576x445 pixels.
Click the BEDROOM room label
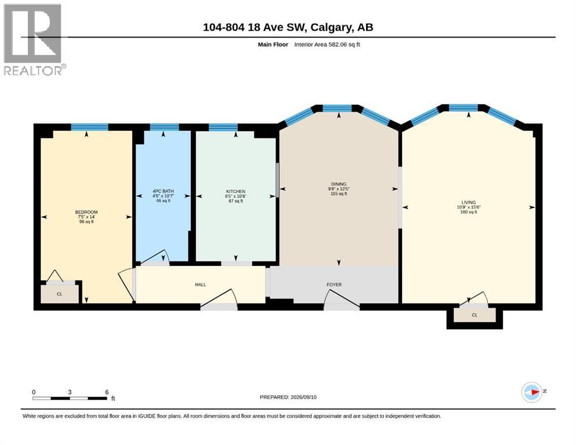(86, 212)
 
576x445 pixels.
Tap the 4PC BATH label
(163, 191)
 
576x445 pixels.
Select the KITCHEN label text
(236, 191)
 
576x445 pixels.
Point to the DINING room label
(339, 184)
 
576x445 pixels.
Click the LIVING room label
(469, 202)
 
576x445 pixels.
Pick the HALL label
(201, 284)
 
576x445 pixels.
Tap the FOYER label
(334, 284)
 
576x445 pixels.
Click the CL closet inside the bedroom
(60, 294)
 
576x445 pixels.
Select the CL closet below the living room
(474, 315)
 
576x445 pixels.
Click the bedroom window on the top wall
(90, 127)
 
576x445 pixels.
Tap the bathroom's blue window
(164, 127)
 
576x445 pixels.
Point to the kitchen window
(223, 127)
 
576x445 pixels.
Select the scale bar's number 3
(70, 392)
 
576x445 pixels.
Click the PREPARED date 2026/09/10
(303, 397)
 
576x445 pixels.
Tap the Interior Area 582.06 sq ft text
(327, 45)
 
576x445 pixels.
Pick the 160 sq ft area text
(469, 211)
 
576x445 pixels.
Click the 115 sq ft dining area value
(339, 194)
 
